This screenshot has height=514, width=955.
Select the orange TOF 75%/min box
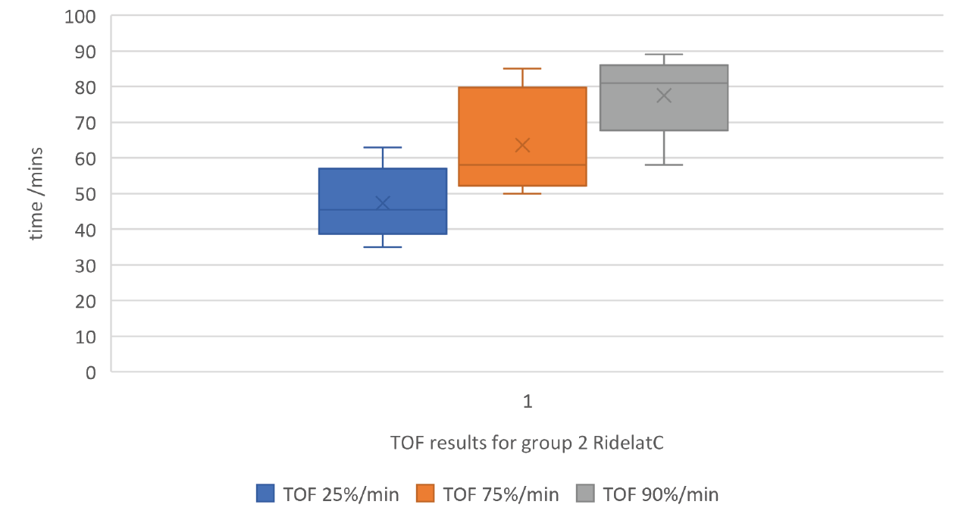click(522, 114)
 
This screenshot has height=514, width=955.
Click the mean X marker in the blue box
click(383, 203)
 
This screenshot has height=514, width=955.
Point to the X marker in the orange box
click(522, 145)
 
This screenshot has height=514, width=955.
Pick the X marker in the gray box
click(664, 96)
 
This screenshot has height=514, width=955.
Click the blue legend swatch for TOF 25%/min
click(266, 494)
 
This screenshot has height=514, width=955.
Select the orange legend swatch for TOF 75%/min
click(426, 494)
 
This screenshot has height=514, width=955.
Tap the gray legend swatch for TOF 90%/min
click(586, 494)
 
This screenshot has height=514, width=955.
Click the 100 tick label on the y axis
click(80, 16)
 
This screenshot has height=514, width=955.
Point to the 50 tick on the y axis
click(86, 194)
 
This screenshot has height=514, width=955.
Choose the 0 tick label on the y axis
click(92, 372)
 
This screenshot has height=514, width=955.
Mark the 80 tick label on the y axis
click(86, 87)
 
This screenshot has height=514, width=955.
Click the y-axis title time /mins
click(36, 194)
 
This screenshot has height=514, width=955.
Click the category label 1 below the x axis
click(528, 402)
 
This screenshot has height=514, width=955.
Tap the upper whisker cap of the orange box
click(522, 68)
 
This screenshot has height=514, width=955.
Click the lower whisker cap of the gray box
click(664, 165)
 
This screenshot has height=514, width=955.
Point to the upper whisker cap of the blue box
click(383, 147)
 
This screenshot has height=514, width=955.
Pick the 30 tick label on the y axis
click(86, 265)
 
